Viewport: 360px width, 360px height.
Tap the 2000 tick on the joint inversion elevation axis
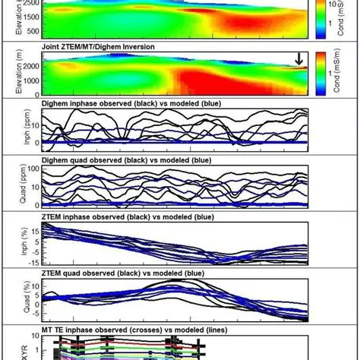pos(34,67)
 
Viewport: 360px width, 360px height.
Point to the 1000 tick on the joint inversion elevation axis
pos(34,82)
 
